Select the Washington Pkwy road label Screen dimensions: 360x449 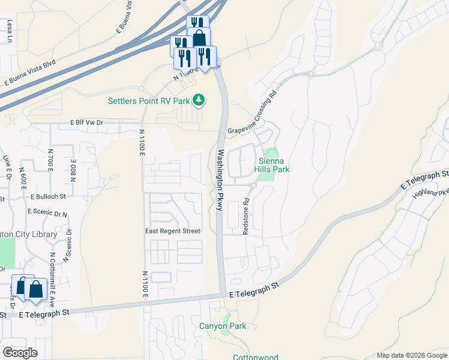pyautogui.click(x=220, y=179)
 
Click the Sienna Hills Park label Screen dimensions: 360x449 pyautogui.click(x=274, y=165)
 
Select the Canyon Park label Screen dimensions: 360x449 pyautogui.click(x=223, y=326)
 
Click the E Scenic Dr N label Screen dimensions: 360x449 pyautogui.click(x=47, y=212)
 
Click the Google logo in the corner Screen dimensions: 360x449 pyautogui.click(x=20, y=353)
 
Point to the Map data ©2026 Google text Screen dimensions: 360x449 pyautogui.click(x=412, y=355)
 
